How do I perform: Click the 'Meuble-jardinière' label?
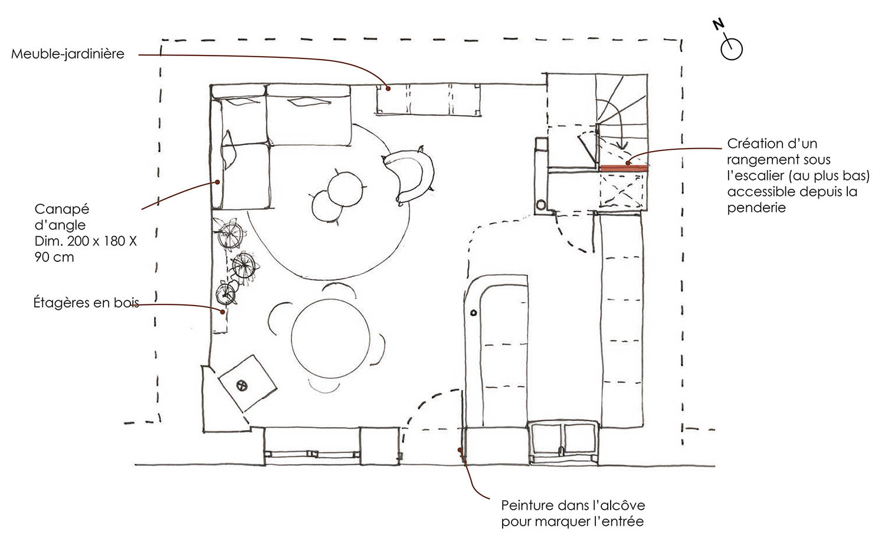pos(68,54)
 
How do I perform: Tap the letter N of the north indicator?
pos(718,24)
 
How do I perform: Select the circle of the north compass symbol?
pos(732,50)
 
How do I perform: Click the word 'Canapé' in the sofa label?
pos(62,209)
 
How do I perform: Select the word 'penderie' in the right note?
pos(756,208)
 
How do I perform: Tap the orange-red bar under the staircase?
pos(624,168)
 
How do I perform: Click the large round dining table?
pos(330,338)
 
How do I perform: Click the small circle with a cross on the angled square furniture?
pos(242,385)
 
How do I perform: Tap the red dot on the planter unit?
pos(388,89)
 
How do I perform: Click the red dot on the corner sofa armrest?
pos(217,182)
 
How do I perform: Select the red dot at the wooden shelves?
pos(222,311)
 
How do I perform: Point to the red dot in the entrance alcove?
pos(460,450)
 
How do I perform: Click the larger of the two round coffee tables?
pos(345,189)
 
